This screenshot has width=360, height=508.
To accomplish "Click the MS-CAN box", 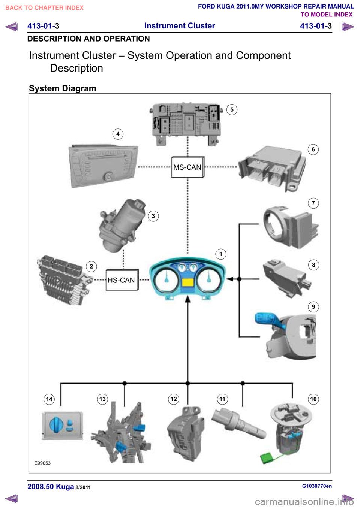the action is tap(188, 167).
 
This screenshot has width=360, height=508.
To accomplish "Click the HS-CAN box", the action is tap(122, 280).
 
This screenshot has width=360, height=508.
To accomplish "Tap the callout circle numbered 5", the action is tap(232, 109).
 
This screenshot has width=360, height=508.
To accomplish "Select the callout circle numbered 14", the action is tap(49, 399).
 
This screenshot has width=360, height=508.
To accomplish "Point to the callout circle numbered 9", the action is tap(313, 307).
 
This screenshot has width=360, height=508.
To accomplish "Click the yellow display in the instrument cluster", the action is tap(187, 282).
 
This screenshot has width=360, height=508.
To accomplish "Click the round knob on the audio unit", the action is tap(108, 177).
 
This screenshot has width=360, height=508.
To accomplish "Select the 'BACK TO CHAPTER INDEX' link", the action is tap(45, 8).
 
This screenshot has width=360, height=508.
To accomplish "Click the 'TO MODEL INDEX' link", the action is tap(327, 15).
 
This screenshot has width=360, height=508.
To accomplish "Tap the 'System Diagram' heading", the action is tap(63, 88).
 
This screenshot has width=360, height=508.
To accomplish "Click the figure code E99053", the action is tap(42, 463).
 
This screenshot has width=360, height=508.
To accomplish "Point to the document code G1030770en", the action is tap(317, 486).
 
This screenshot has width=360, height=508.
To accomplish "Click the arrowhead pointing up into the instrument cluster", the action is tap(187, 299).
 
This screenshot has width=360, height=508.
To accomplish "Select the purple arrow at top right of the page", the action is tap(348, 27).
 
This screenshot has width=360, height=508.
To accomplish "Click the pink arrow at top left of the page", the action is tap(12, 27).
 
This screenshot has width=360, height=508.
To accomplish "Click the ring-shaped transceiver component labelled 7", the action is tap(291, 227).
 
